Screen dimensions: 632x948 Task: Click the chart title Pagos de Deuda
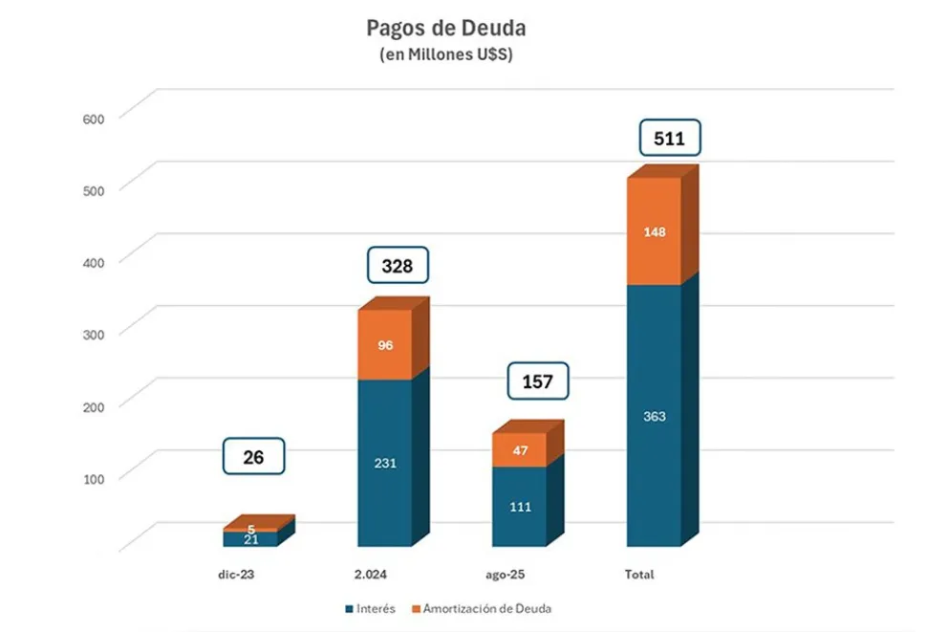click(445, 28)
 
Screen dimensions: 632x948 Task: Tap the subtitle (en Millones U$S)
click(446, 55)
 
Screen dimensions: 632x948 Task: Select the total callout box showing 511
click(670, 138)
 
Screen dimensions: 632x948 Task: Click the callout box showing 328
click(398, 265)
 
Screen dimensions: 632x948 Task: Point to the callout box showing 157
click(537, 381)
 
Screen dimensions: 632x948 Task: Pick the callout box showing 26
click(253, 457)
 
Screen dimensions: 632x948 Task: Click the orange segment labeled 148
click(655, 231)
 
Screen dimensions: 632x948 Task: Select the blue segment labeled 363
click(655, 416)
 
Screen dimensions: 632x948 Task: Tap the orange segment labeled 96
click(385, 344)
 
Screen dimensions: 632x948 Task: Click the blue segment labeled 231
click(385, 463)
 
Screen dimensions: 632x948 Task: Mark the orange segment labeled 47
click(520, 450)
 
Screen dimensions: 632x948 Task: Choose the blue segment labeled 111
click(520, 506)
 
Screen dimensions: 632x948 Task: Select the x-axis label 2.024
click(370, 575)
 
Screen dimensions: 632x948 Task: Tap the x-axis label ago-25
click(505, 575)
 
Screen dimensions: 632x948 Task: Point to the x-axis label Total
click(639, 575)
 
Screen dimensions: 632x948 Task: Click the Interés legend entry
click(371, 608)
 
